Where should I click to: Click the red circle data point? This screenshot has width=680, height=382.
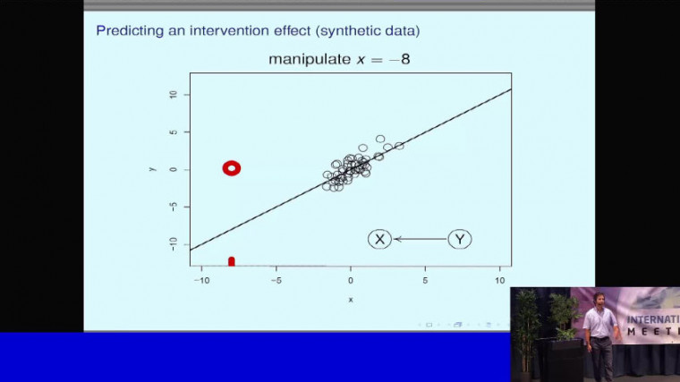(x=232, y=167)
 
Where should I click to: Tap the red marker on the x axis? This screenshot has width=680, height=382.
(x=232, y=261)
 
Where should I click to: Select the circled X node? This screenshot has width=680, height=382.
(x=379, y=239)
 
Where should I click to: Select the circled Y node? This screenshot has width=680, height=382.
(x=460, y=239)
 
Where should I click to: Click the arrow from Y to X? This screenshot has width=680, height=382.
(x=420, y=239)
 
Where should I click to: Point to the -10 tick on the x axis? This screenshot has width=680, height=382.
(x=202, y=279)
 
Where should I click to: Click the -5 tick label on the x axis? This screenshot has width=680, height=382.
(x=276, y=279)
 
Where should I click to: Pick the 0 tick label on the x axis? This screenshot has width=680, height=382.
(x=351, y=279)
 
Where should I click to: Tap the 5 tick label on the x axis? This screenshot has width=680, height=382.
(x=425, y=279)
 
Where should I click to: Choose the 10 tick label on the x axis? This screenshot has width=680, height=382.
(x=499, y=279)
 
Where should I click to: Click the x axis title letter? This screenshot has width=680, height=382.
(x=351, y=299)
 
